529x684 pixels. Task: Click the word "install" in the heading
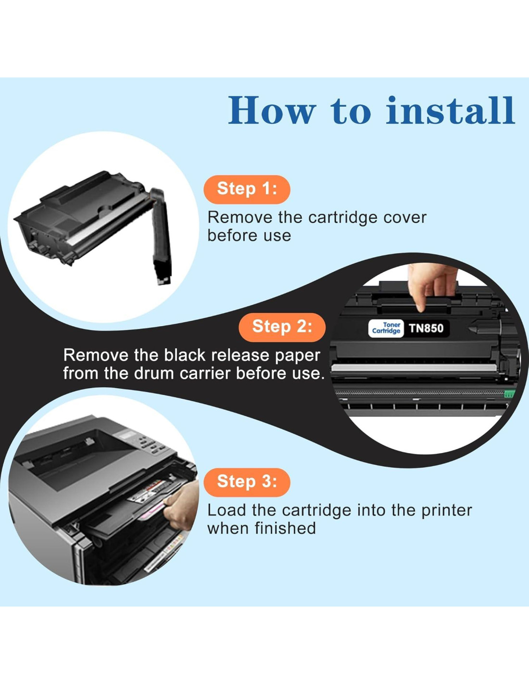pos(450,111)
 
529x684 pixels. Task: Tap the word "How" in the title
pos(272,111)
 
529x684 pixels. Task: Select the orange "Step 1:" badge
pos(247,190)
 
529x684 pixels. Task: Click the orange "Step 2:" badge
pos(282,328)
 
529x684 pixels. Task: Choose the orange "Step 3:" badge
pos(247,482)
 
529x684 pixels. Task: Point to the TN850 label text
pos(427,329)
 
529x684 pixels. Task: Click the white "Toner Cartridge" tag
pos(386,328)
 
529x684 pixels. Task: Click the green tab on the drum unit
pos(509,394)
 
